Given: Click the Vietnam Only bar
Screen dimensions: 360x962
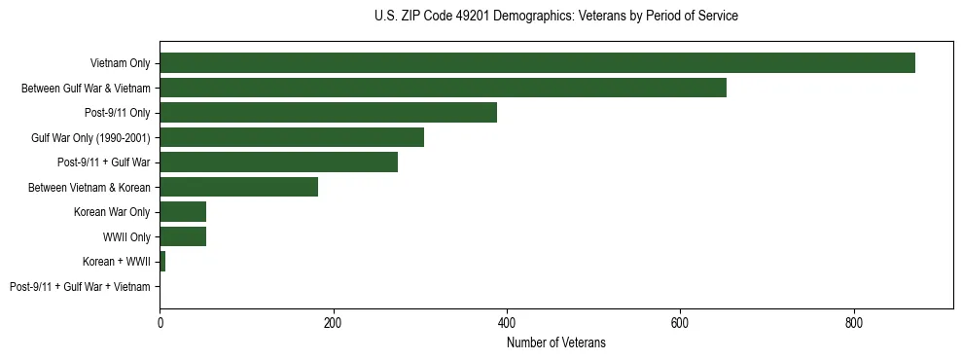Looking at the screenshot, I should tap(537, 63).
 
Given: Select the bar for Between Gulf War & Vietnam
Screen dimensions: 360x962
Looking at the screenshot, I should tap(443, 88).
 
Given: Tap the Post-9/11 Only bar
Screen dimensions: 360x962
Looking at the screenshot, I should tap(328, 113).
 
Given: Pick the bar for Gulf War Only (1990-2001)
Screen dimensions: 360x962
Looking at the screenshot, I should tap(292, 137).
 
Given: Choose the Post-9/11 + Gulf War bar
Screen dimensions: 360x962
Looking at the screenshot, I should tap(278, 162).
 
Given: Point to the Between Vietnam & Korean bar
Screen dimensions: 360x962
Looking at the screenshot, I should tap(238, 187).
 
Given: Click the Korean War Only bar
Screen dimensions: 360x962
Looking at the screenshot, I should tap(183, 212).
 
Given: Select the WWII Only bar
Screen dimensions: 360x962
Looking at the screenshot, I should tap(183, 236).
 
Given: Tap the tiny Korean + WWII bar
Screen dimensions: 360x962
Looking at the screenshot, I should tap(162, 262).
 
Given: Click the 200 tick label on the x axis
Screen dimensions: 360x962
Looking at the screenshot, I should tap(333, 323).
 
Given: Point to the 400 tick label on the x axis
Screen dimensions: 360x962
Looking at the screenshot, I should tap(507, 323).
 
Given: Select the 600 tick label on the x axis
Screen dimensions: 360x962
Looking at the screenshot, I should tap(680, 323).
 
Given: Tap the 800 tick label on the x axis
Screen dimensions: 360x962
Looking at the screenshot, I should tap(854, 323).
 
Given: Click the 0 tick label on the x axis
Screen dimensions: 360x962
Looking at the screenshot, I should tap(160, 323).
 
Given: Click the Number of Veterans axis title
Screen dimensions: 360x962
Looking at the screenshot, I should tap(556, 342).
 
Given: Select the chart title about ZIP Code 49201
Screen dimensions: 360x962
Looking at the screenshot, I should tap(556, 17).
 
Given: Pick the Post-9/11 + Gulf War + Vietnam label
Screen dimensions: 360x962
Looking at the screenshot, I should tap(80, 287).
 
